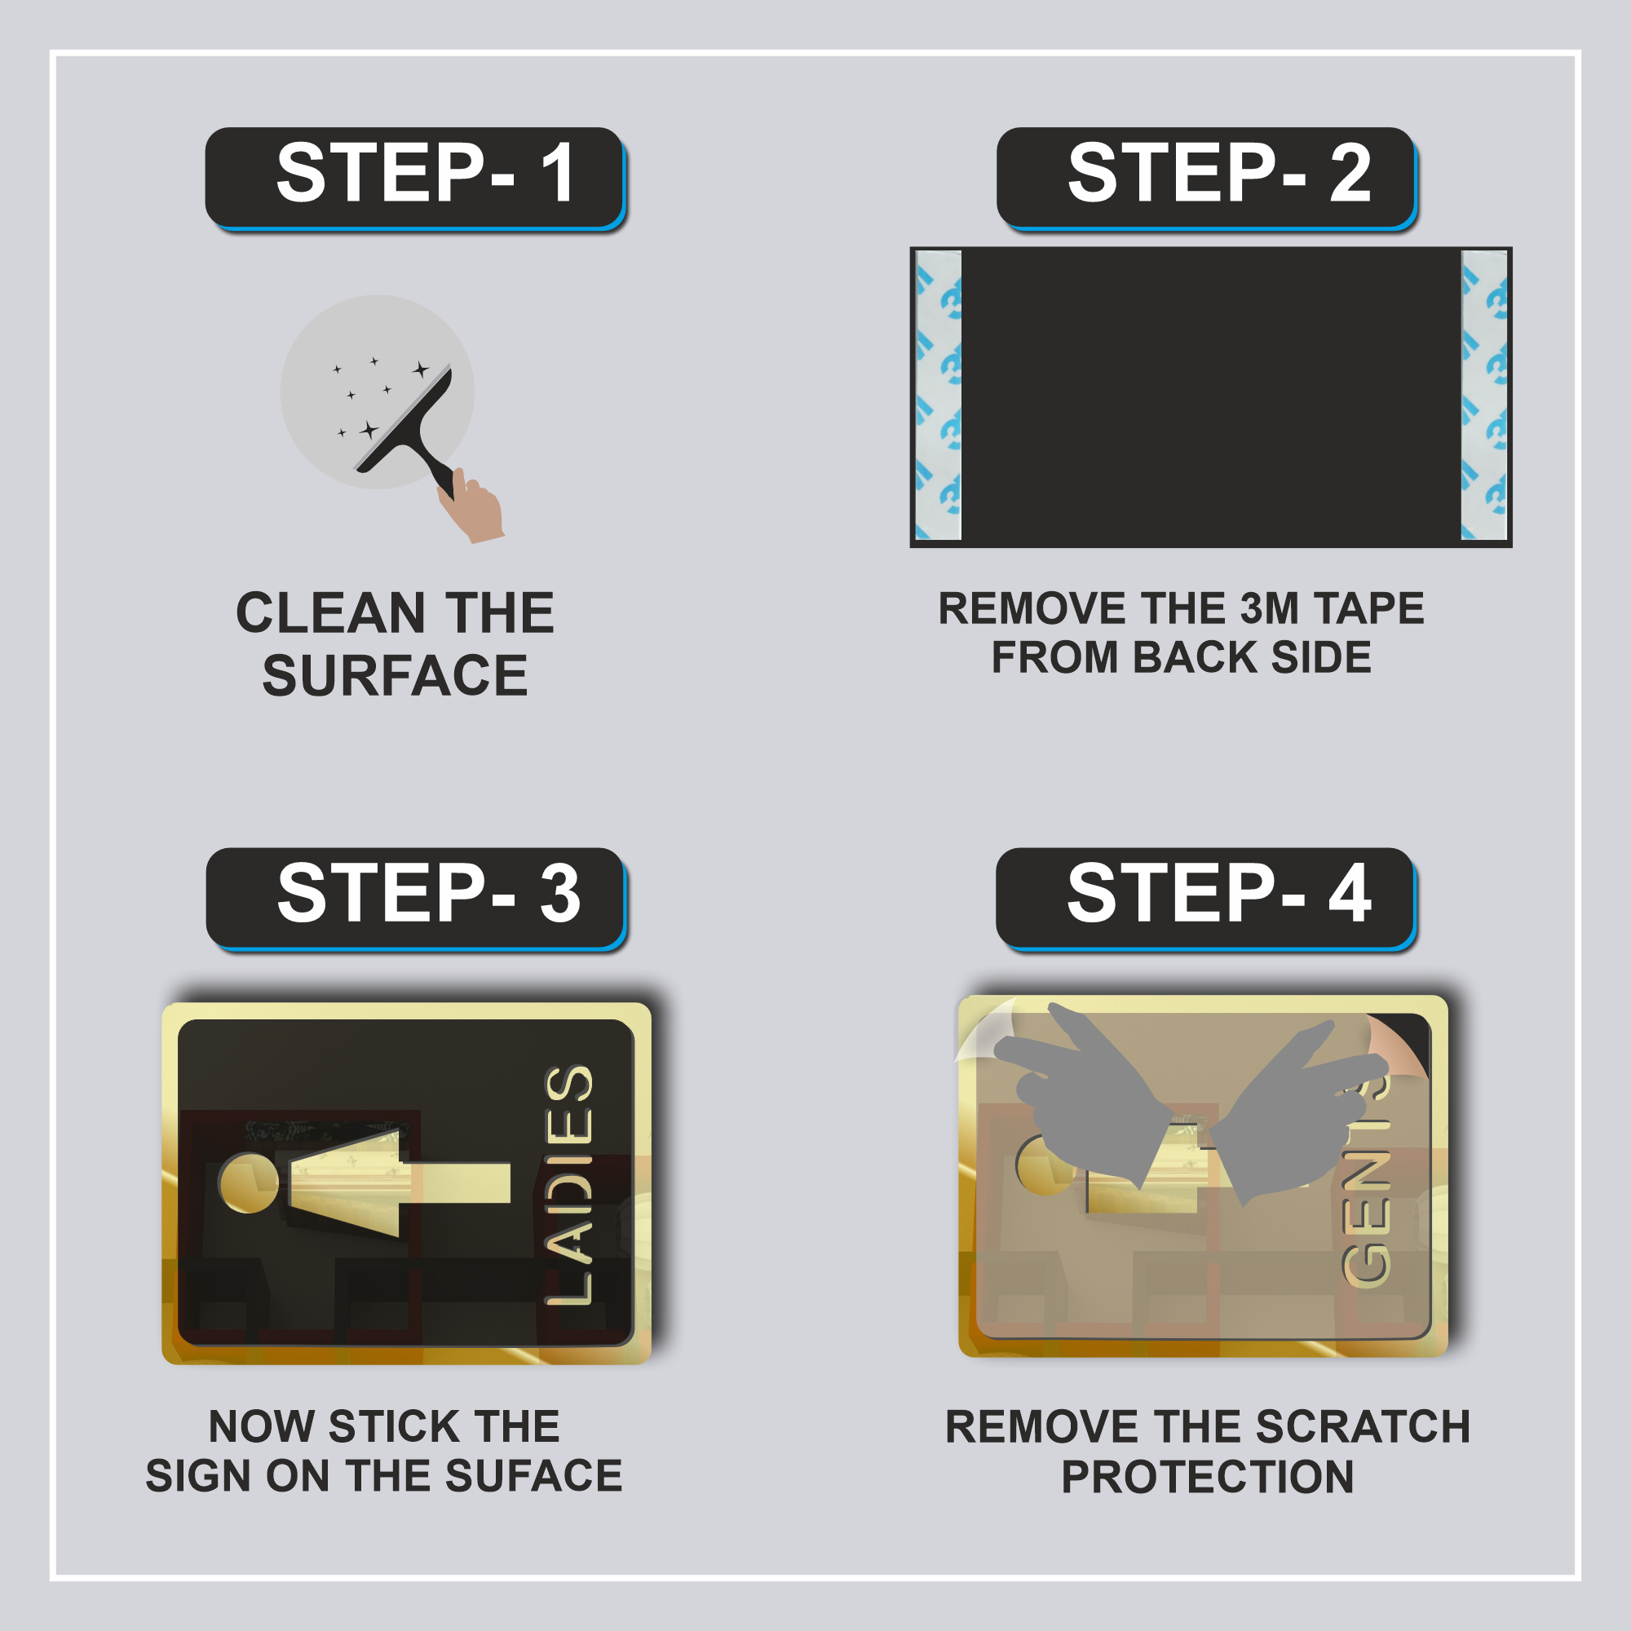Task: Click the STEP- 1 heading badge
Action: (x=415, y=178)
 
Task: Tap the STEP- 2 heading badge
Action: (x=1206, y=178)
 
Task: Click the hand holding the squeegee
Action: (x=471, y=506)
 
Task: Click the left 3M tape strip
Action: (x=939, y=395)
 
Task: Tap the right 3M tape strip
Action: (x=1484, y=395)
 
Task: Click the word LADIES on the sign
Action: (x=568, y=1185)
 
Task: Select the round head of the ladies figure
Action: (x=248, y=1182)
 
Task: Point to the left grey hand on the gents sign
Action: (x=1085, y=1093)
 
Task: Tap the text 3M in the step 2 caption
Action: (x=1271, y=608)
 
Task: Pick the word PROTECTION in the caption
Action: (x=1207, y=1477)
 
